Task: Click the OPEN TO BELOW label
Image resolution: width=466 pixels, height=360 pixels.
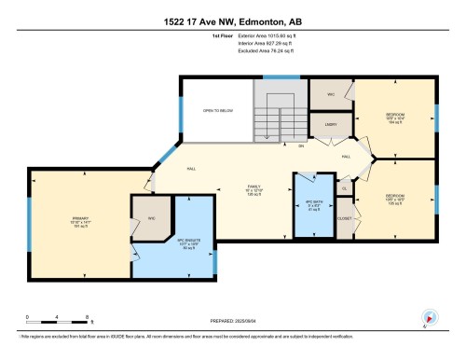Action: coord(216,109)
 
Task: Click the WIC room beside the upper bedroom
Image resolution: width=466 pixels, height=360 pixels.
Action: coord(330,94)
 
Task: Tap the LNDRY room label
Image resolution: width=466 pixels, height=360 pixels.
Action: coord(331,123)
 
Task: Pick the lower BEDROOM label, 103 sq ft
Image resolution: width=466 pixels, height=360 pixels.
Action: coord(394,198)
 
